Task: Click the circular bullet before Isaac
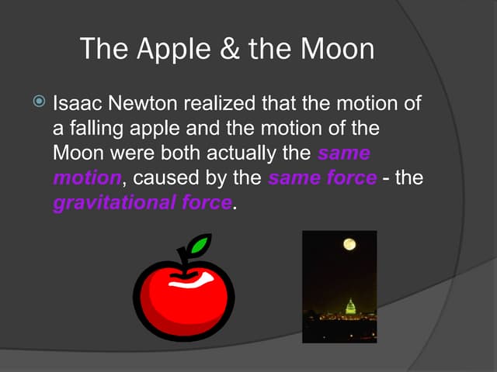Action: (x=40, y=102)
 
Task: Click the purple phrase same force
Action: (x=322, y=177)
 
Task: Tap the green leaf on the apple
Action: (x=200, y=246)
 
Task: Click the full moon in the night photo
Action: (x=350, y=244)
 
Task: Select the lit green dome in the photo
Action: (x=349, y=306)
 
